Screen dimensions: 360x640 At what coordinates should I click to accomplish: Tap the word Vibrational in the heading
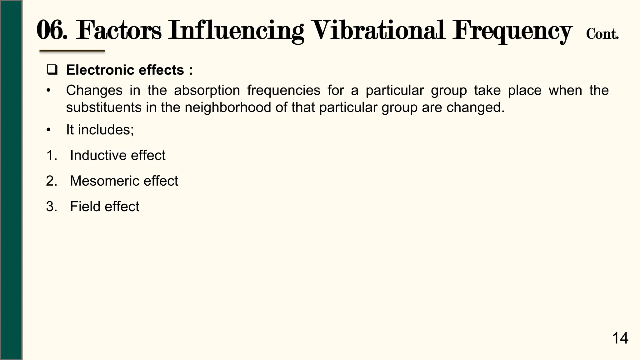point(378,30)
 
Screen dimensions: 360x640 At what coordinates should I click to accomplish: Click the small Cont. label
point(602,34)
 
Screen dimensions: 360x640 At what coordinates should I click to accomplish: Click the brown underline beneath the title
point(72,51)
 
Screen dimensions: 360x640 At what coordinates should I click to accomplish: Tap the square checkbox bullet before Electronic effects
point(52,70)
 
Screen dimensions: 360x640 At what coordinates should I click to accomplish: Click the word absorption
point(207,91)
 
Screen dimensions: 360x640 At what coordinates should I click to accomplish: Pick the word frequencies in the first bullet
point(284,91)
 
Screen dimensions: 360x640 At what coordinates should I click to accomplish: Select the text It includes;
point(100,130)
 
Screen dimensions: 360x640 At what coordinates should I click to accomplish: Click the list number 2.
point(51,181)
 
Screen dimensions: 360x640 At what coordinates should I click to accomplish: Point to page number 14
point(620,338)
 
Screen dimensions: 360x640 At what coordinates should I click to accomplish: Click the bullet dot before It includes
point(48,130)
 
